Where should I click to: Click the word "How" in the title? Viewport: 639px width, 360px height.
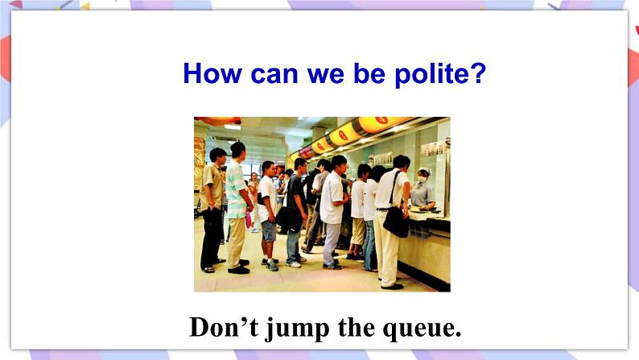(212, 73)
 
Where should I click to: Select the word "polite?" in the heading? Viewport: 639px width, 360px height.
(440, 75)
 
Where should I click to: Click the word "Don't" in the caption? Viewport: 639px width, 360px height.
(224, 327)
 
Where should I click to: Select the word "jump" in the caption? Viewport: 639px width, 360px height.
(297, 329)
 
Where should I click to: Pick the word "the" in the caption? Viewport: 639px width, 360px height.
(357, 327)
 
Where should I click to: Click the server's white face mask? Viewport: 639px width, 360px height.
(423, 179)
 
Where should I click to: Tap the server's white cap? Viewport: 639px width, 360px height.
(424, 171)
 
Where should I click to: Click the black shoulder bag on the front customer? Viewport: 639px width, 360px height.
(396, 221)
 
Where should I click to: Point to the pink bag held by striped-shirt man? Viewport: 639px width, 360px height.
(248, 220)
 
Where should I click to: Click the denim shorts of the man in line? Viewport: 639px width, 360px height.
(269, 231)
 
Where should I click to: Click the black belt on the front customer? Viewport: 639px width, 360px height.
(383, 209)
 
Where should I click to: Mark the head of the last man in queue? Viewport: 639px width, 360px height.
(217, 156)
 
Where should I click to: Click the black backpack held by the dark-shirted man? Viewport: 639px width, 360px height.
(290, 218)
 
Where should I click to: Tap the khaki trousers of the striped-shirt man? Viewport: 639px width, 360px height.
(237, 242)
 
